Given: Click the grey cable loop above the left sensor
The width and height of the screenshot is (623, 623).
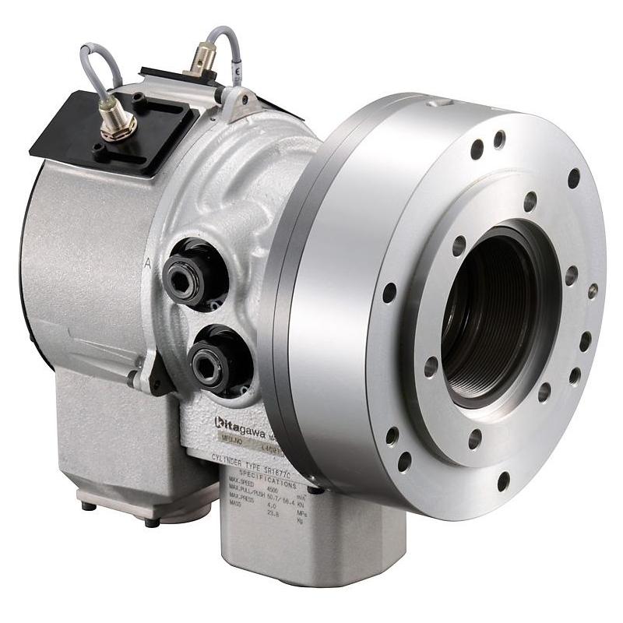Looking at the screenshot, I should tap(97, 62).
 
